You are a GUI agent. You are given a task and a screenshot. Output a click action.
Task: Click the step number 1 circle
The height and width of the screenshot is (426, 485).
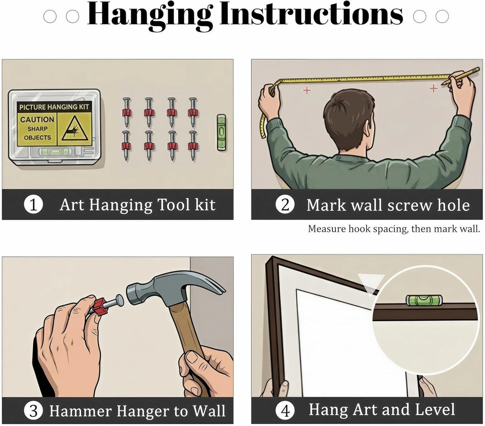pos(34,205)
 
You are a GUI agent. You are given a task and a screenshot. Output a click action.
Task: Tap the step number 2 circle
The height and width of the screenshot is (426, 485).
pos(285,205)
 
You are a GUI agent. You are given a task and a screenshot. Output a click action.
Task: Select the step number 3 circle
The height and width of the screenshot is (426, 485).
pos(34,410)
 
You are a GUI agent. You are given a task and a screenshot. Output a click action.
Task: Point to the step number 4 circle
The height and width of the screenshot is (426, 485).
pos(285,410)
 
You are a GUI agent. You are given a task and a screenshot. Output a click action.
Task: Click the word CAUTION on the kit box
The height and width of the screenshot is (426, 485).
pos(37,119)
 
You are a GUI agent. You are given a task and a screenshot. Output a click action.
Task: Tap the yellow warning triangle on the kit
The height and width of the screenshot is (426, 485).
pos(74,129)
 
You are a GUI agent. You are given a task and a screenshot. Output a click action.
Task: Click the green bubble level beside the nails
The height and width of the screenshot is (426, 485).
pos(221,132)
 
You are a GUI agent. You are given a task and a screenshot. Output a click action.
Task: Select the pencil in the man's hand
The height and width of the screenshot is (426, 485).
pos(461,76)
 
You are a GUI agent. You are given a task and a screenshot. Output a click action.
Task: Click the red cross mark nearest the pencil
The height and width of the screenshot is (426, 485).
pos(434,88)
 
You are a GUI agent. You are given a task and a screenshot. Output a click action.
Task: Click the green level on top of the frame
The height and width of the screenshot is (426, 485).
pos(424,300)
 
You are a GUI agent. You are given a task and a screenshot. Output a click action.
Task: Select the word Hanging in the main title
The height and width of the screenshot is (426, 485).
pos(150,15)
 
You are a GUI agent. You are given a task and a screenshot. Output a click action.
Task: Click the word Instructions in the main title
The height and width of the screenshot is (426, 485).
pos(312,14)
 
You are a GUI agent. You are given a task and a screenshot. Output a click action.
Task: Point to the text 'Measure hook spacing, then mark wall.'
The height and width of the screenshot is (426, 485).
pos(394,229)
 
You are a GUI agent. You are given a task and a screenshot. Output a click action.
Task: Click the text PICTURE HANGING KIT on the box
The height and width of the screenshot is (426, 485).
pos(54,108)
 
